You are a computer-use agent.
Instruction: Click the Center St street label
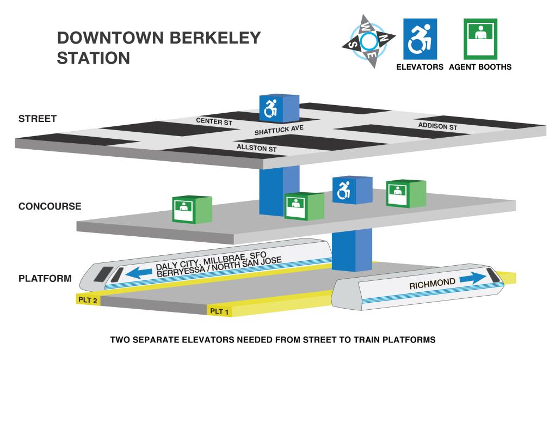pyautogui.click(x=214, y=121)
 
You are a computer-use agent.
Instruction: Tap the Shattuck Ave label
pyautogui.click(x=279, y=130)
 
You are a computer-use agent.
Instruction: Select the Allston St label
pyautogui.click(x=257, y=148)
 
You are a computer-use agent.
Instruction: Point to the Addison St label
pyautogui.click(x=438, y=126)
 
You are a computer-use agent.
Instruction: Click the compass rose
pyautogui.click(x=369, y=41)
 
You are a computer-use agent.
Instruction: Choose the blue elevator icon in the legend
pyautogui.click(x=420, y=39)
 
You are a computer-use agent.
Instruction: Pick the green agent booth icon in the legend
pyautogui.click(x=480, y=39)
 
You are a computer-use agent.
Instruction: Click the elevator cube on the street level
pyautogui.click(x=279, y=108)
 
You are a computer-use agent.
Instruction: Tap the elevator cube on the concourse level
pyautogui.click(x=352, y=190)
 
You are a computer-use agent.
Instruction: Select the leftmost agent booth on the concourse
pyautogui.click(x=192, y=210)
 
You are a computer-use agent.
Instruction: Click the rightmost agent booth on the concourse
pyautogui.click(x=406, y=193)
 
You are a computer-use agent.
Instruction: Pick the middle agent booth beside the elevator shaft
pyautogui.click(x=304, y=206)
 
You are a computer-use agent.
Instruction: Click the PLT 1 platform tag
pyautogui.click(x=219, y=311)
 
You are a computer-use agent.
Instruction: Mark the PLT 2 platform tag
pyautogui.click(x=88, y=299)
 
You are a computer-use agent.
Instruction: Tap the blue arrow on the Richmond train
pyautogui.click(x=473, y=278)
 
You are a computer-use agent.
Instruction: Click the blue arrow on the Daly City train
pyautogui.click(x=139, y=272)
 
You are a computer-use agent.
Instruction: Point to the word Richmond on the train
pyautogui.click(x=432, y=284)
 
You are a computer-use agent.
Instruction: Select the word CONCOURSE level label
pyautogui.click(x=50, y=206)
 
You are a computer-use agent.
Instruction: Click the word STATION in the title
pyautogui.click(x=94, y=58)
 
